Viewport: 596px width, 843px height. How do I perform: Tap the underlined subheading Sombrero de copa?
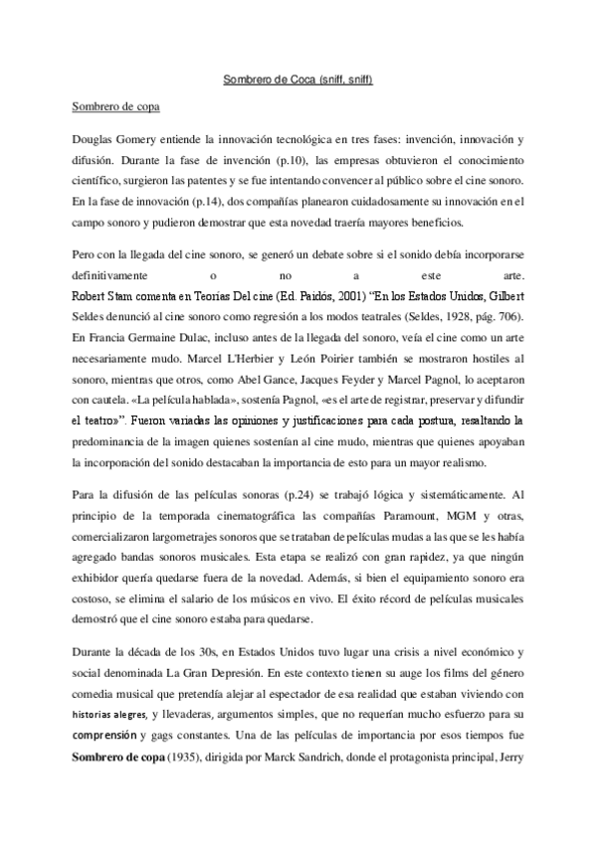[x=111, y=103]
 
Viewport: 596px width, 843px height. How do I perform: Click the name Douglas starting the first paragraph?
[x=96, y=140]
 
